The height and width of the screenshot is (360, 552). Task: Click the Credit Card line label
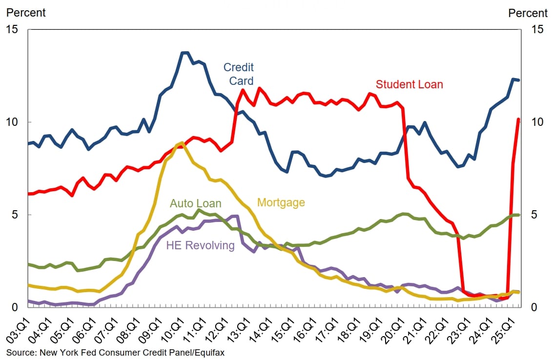(x=238, y=73)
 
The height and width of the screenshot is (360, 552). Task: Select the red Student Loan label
(x=409, y=84)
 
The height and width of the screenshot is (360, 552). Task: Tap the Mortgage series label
(x=281, y=202)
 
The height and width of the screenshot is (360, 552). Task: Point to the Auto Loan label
(x=195, y=203)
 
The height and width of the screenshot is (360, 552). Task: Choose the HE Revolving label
(x=200, y=245)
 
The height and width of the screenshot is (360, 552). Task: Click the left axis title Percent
(x=26, y=13)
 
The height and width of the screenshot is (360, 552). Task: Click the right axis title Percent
(x=528, y=13)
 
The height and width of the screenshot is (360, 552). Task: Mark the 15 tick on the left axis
(x=12, y=30)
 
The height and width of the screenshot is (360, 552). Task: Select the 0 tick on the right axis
(x=535, y=307)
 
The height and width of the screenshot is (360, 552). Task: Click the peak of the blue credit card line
(x=184, y=53)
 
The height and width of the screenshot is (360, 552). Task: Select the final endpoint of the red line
(x=518, y=119)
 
